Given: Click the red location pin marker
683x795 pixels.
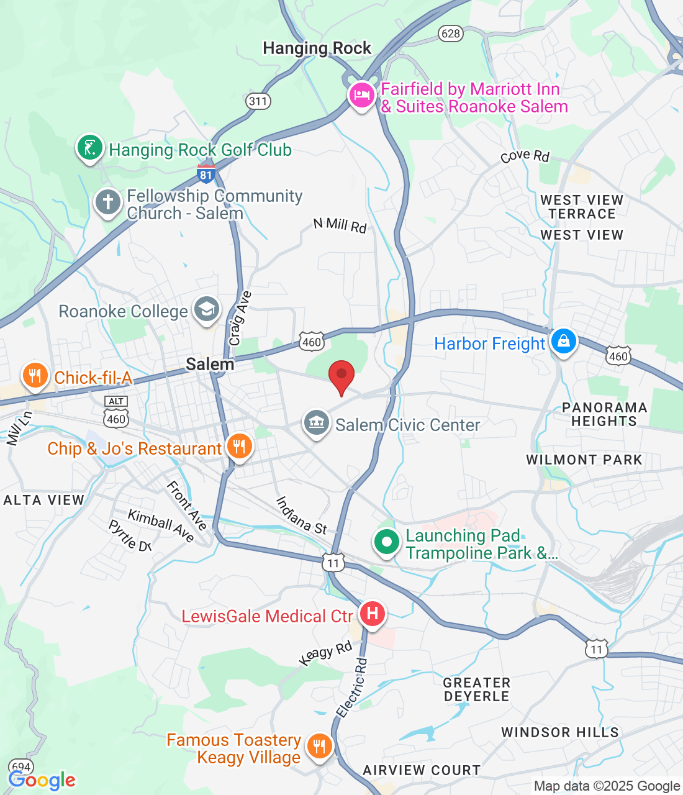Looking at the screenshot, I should pyautogui.click(x=341, y=376).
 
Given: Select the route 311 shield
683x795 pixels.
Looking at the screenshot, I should pyautogui.click(x=258, y=101).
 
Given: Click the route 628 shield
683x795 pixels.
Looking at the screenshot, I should pyautogui.click(x=450, y=33).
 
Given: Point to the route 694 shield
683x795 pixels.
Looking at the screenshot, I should pyautogui.click(x=21, y=767).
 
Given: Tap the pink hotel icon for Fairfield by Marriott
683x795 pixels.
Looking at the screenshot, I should pyautogui.click(x=361, y=96).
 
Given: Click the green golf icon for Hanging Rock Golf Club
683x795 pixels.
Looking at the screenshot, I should pyautogui.click(x=90, y=148).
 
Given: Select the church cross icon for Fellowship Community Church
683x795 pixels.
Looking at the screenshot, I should pyautogui.click(x=108, y=202).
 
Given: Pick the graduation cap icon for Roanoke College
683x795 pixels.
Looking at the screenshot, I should pyautogui.click(x=207, y=309).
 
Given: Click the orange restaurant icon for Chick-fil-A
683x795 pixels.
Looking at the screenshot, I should pyautogui.click(x=35, y=375).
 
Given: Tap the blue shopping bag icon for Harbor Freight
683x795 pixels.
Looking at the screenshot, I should pyautogui.click(x=564, y=341).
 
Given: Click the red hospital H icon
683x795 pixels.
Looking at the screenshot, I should pyautogui.click(x=372, y=614).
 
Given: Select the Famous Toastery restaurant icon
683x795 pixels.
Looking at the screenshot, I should pyautogui.click(x=320, y=745).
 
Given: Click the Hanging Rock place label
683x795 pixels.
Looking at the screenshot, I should pyautogui.click(x=317, y=48).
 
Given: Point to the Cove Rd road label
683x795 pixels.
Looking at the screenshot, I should pyautogui.click(x=525, y=156).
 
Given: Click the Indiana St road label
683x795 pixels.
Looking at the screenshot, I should pyautogui.click(x=301, y=516).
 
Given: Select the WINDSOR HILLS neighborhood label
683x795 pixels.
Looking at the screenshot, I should pyautogui.click(x=560, y=732).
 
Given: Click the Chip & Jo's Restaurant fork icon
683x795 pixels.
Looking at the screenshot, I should pyautogui.click(x=239, y=446).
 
